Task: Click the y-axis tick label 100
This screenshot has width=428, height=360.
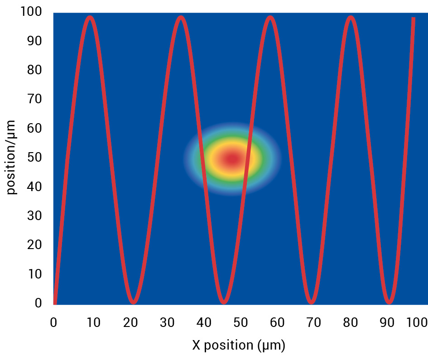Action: click(31, 12)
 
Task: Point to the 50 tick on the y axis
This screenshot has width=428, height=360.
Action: click(35, 158)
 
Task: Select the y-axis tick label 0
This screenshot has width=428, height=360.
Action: click(38, 303)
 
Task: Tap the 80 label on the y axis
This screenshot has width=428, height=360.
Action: click(35, 70)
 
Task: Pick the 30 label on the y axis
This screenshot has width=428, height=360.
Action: click(35, 216)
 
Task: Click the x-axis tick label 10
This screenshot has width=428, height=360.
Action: click(93, 323)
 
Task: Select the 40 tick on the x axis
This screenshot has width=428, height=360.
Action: click(204, 323)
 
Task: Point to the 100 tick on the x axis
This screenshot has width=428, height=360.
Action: click(417, 323)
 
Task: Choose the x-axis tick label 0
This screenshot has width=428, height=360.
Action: click(53, 323)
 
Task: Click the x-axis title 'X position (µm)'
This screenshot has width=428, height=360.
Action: click(239, 346)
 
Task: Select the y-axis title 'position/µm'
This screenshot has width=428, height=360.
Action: click(11, 157)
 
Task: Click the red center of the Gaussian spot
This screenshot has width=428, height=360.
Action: click(232, 159)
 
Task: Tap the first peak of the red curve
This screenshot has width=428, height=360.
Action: click(90, 18)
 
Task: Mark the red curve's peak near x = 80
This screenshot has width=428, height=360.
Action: click(350, 18)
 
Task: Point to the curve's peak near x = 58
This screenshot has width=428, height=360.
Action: click(270, 18)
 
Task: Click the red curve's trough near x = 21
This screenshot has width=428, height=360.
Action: click(133, 302)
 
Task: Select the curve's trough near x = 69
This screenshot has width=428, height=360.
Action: click(311, 302)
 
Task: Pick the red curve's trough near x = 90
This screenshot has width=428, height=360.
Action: click(389, 302)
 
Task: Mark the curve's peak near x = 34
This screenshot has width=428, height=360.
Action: click(181, 18)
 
